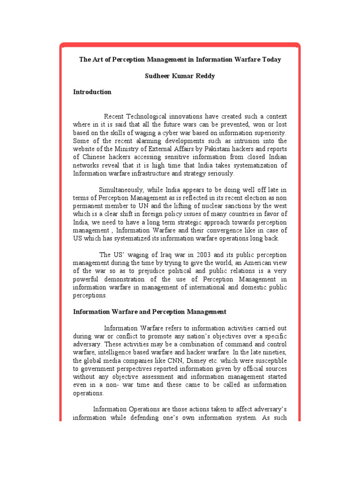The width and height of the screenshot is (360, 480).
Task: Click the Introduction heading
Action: click(92, 92)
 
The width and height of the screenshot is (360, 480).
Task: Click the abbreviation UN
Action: click(155, 206)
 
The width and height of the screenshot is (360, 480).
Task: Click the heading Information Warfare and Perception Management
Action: click(150, 312)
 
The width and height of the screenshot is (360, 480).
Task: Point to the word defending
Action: click(175, 417)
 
